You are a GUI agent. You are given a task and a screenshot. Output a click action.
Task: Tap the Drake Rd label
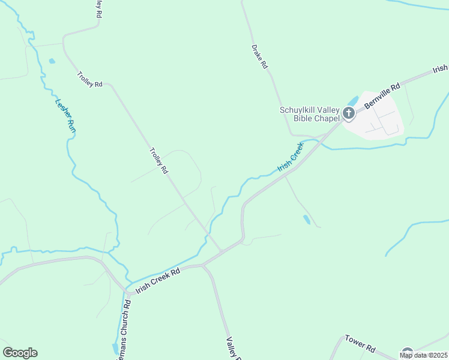[259, 56]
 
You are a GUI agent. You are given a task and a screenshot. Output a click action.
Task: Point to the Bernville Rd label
[382, 96]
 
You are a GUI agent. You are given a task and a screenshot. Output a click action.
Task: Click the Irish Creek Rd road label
[158, 280]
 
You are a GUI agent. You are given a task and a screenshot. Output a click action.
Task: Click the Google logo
[20, 352]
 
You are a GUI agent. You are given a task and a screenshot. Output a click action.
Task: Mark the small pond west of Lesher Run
[52, 61]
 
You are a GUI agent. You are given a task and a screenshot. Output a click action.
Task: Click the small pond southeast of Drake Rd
[307, 220]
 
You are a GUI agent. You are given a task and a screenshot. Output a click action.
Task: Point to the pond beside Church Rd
[115, 348]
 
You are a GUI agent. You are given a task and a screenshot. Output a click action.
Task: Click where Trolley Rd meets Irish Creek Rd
[222, 251]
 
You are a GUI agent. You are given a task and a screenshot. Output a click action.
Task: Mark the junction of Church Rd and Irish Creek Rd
[127, 292]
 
